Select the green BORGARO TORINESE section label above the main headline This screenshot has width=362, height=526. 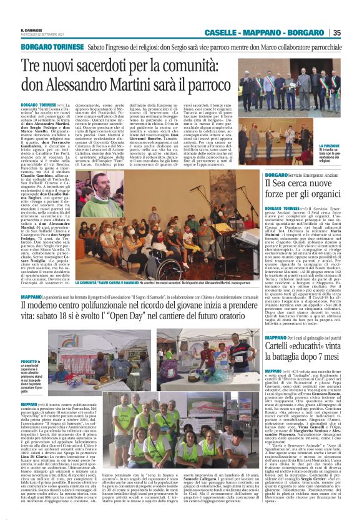click(52, 47)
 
